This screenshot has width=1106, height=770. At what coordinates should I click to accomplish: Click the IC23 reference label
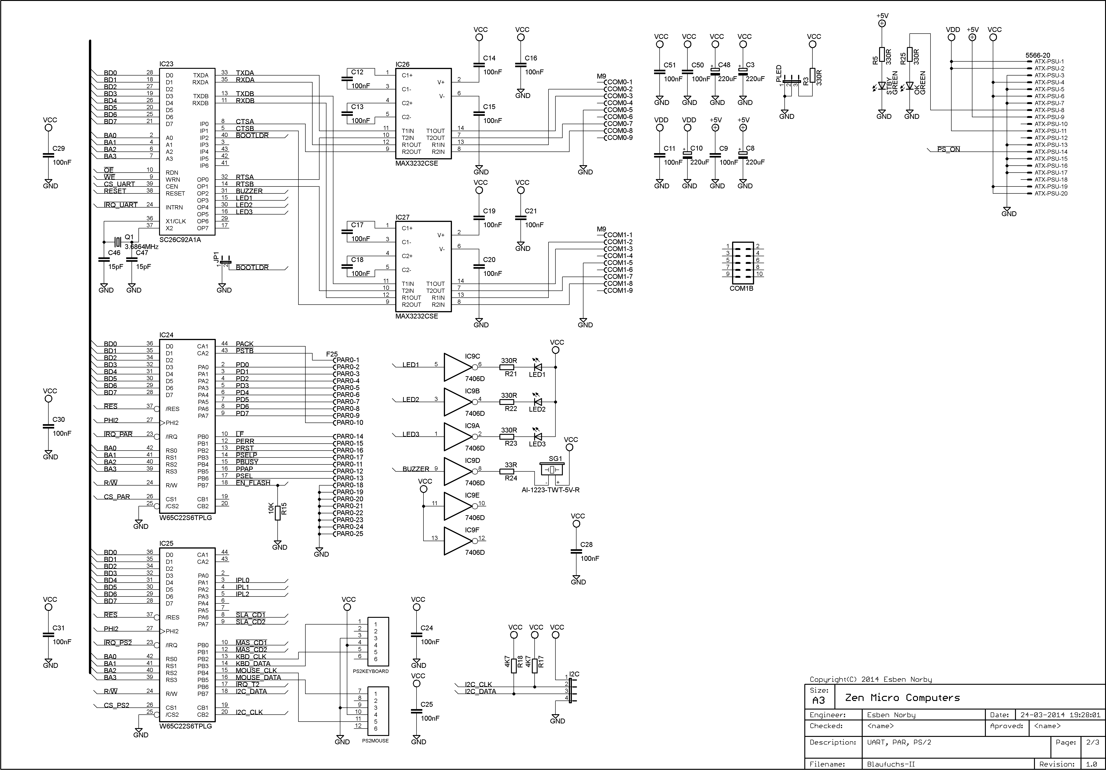166,64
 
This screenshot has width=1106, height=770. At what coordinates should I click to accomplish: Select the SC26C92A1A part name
180,240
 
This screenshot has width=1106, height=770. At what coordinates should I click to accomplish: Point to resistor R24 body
508,471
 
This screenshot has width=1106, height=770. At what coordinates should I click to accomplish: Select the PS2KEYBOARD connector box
378,641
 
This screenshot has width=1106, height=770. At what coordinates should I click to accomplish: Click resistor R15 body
277,512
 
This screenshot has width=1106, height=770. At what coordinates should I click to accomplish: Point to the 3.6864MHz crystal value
142,247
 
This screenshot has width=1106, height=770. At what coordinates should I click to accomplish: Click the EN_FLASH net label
253,483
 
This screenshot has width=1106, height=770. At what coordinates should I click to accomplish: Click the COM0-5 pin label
620,110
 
